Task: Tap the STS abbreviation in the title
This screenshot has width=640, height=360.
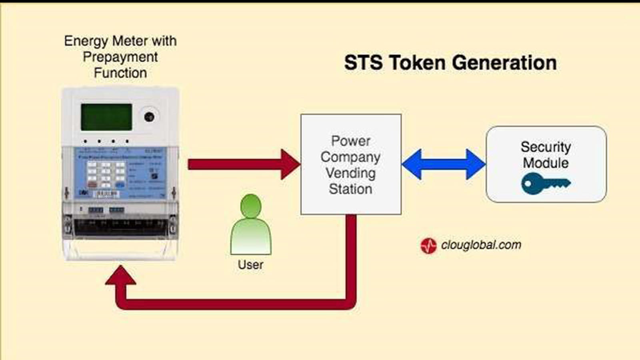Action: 363,63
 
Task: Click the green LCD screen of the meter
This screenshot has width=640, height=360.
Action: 106,117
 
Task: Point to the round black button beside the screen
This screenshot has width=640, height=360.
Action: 149,117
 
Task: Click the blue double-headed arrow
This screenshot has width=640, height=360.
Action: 443,164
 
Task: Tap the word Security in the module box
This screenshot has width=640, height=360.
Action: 546,147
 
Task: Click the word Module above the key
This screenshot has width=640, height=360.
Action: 546,163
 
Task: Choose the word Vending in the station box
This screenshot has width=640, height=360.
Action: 350,173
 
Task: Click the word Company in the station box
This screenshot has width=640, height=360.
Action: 350,157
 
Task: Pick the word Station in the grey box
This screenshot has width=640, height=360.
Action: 350,189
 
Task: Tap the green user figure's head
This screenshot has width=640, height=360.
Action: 251,206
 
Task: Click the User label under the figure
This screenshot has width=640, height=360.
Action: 250,265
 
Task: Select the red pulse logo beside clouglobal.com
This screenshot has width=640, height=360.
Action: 428,246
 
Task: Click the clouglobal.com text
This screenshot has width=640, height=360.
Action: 481,245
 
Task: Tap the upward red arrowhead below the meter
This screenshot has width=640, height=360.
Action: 120,276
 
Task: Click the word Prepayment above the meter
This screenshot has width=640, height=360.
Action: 120,57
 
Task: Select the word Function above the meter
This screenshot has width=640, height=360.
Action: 120,73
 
